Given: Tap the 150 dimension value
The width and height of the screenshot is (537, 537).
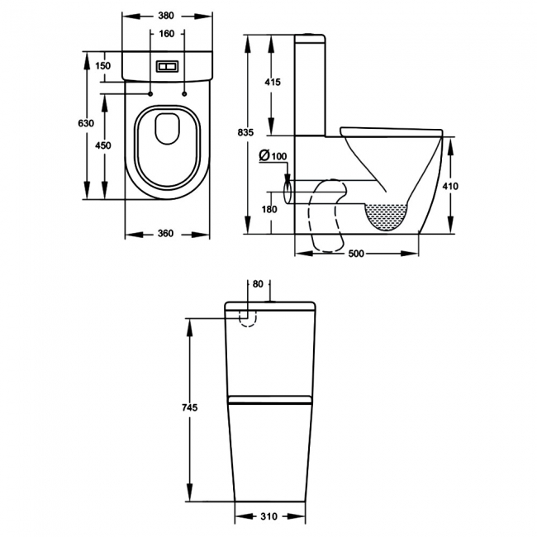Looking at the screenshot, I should coord(102,66).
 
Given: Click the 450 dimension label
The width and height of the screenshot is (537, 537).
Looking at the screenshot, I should coord(102,145).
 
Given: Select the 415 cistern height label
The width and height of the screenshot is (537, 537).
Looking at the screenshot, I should coord(273,82).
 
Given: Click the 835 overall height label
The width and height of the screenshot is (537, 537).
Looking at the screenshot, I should coord(245,133).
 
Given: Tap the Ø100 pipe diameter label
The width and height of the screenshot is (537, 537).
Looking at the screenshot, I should coord(273,155).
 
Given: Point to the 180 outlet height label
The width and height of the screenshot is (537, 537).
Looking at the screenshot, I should coord(269,209).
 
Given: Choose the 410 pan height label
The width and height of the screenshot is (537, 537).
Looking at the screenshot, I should coord(450,187).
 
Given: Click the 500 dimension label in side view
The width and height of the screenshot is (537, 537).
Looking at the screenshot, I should coord(356,254).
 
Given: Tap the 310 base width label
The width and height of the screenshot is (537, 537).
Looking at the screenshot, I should coord(268,518).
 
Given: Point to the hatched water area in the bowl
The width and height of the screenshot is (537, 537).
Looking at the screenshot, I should coord(387,216).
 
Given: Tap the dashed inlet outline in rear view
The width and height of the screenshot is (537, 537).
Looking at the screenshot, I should coord(245,317).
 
